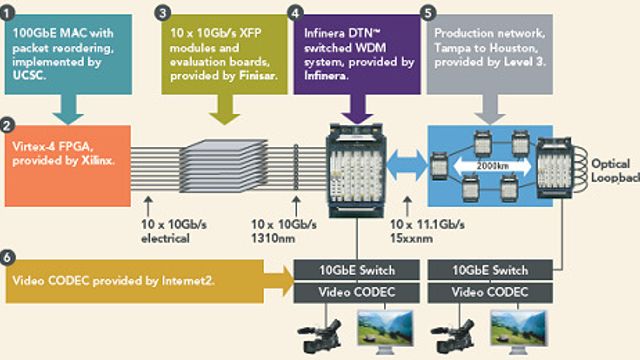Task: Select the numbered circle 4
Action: click(295, 15)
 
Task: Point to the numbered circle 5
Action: click(428, 15)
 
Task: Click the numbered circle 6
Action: click(8, 256)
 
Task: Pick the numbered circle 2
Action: click(8, 127)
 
